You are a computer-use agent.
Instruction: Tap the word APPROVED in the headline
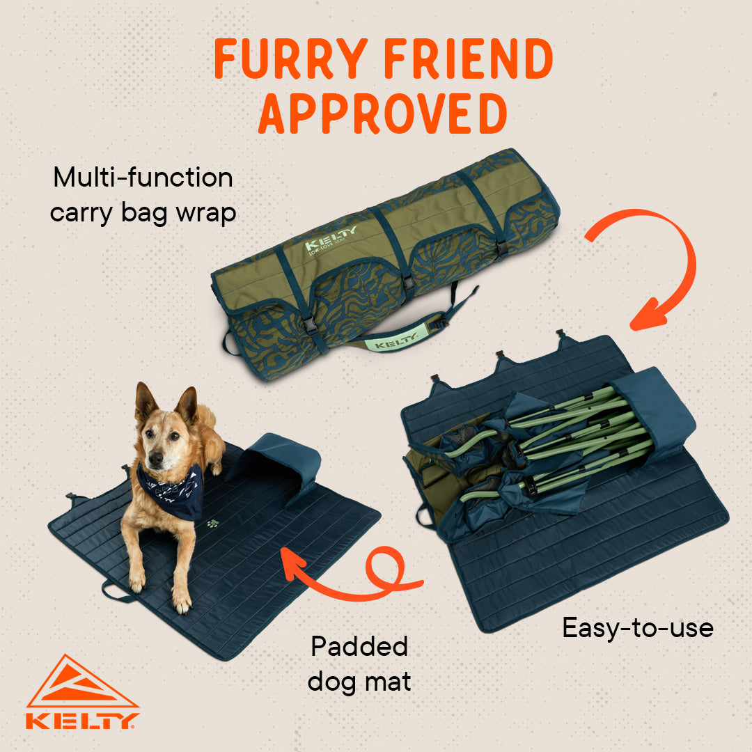(x=383, y=113)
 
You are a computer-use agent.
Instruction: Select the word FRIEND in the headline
(x=469, y=58)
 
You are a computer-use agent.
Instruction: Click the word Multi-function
(x=143, y=178)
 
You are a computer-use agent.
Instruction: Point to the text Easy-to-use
(x=638, y=628)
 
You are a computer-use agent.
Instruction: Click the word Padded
(x=359, y=646)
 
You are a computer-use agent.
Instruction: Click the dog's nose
(x=155, y=459)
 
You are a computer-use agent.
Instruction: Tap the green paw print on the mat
(x=212, y=523)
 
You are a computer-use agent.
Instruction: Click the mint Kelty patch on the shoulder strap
(x=392, y=341)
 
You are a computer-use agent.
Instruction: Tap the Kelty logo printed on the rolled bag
(x=331, y=239)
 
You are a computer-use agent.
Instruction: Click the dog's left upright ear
(x=145, y=401)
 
